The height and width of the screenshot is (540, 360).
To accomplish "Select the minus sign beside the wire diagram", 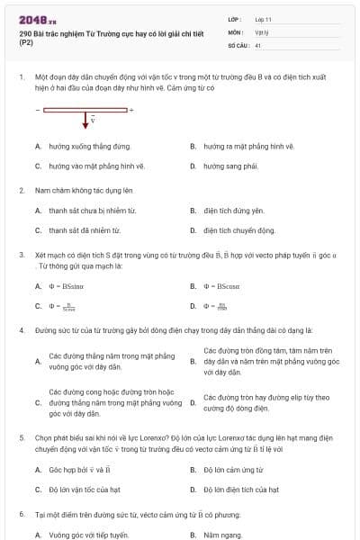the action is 38,110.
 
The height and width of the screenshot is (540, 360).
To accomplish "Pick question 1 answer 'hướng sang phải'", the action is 230,166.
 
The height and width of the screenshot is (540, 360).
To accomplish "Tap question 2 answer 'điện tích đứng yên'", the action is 233,211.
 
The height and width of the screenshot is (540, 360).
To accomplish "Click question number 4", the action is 21,331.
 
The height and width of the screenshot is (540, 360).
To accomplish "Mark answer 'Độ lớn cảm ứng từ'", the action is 233,470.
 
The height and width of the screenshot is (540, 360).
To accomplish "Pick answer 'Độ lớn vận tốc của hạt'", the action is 88,490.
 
